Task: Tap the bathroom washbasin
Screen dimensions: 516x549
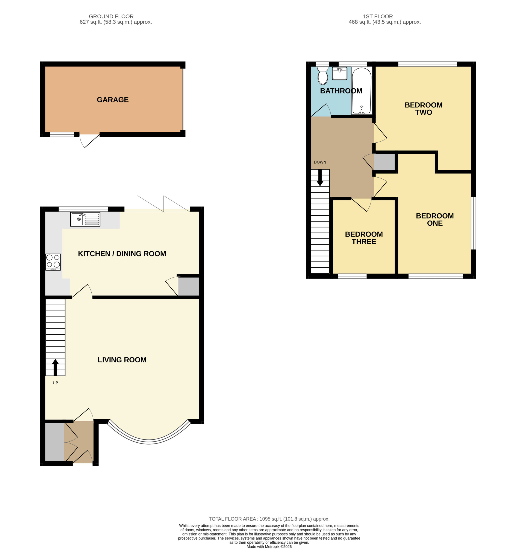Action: (x=339, y=74)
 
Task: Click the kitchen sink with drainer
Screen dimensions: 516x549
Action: (x=85, y=219)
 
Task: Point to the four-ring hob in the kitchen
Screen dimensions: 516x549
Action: (x=53, y=262)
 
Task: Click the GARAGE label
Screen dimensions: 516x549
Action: (x=113, y=100)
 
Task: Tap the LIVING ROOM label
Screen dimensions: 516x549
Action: (x=122, y=360)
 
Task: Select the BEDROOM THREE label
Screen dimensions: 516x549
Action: (x=364, y=238)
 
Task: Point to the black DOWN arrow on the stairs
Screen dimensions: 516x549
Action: (x=320, y=178)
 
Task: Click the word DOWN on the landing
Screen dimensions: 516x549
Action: (x=320, y=162)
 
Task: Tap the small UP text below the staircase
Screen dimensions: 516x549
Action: (x=55, y=383)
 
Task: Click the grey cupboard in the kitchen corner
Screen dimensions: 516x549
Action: (x=189, y=286)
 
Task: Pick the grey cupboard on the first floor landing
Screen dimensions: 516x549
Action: (x=384, y=162)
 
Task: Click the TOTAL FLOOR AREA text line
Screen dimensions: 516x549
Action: (x=269, y=519)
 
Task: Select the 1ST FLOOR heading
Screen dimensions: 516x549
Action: (x=378, y=16)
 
